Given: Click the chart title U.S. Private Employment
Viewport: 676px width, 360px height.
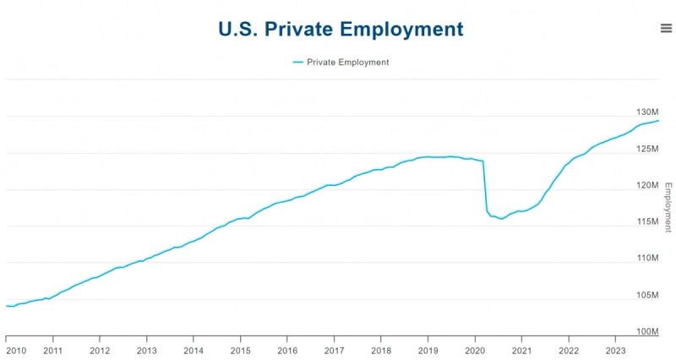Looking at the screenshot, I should pos(341,29).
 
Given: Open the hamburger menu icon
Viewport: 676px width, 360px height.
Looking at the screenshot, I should pos(666,28).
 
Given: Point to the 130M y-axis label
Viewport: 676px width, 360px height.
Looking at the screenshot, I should pos(647,112).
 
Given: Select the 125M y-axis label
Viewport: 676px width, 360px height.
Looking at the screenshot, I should pos(647,149).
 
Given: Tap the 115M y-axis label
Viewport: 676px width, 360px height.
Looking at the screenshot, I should pos(647,221).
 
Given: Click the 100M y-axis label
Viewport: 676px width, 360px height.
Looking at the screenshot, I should pos(647,331).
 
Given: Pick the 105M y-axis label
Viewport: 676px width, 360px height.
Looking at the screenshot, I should pos(647,295).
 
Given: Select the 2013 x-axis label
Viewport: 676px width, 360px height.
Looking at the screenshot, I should pos(146,350).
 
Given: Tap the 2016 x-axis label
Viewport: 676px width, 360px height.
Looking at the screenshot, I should pos(287,350).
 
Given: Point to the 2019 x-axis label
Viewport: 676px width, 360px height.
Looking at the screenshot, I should pos(428,350).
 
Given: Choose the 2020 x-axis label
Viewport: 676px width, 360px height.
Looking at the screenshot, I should pos(474,350).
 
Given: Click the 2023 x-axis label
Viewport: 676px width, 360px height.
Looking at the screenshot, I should pos(615,350).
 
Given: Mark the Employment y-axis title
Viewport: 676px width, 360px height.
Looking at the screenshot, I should pos(668,207).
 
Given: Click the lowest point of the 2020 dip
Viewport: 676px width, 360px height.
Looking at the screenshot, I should pos(501,219).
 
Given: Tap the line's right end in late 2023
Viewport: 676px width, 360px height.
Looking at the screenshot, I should pos(658,121).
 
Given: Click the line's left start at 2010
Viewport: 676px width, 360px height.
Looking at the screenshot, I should pos(7,306).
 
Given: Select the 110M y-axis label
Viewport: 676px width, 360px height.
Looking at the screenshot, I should pos(647,258).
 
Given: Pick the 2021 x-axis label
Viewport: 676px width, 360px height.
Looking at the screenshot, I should pos(521,350).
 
